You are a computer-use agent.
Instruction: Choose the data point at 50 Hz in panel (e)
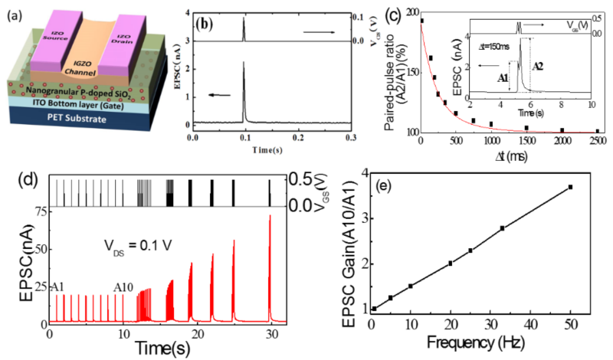pos(570,187)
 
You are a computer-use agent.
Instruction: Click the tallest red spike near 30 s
pos(269,218)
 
